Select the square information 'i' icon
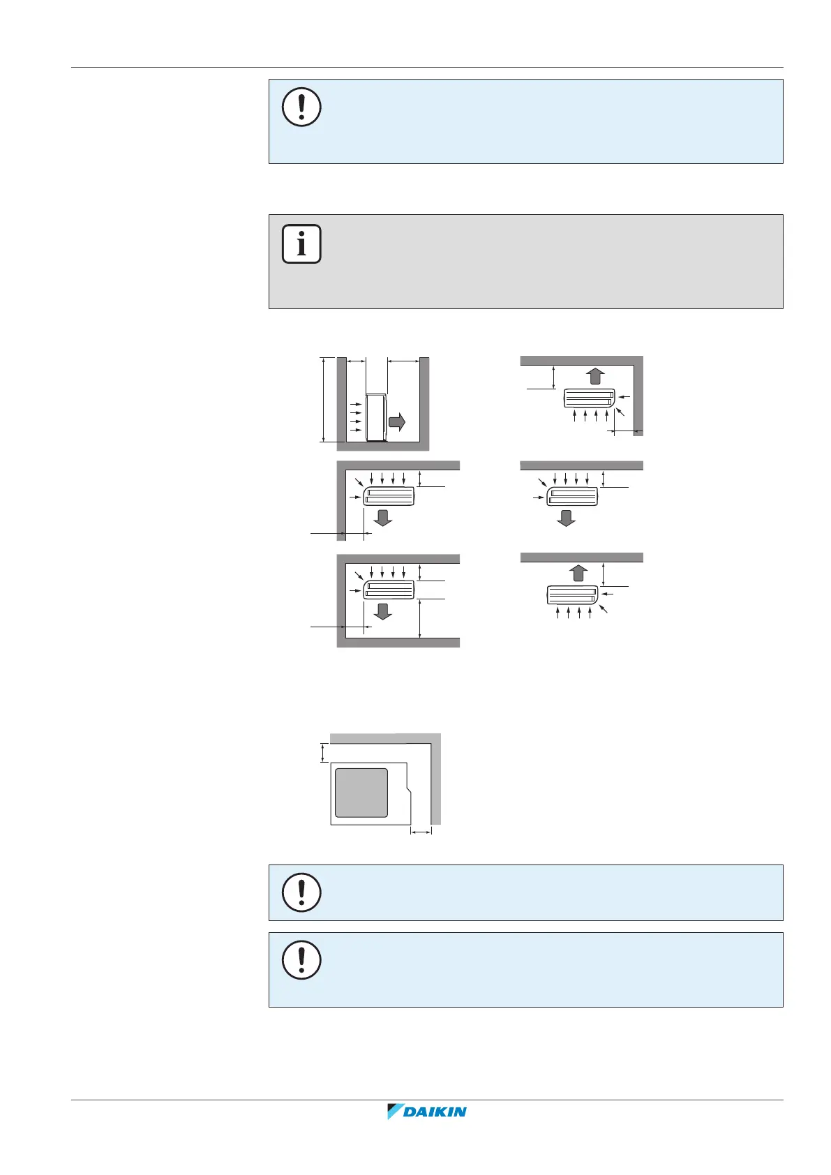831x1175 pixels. click(301, 244)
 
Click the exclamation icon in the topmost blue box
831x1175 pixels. click(301, 107)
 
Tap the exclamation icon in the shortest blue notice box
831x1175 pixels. click(301, 892)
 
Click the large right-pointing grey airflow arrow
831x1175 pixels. click(397, 421)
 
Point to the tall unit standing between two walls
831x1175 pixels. click(376, 417)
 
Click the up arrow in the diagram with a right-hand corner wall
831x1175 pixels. click(594, 375)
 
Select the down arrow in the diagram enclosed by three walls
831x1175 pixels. click(382, 611)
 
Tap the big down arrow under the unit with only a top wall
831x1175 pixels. click(566, 518)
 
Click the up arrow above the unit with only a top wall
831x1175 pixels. click(578, 572)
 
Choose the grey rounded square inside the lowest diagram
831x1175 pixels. click(361, 793)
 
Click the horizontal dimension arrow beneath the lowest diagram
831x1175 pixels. click(421, 832)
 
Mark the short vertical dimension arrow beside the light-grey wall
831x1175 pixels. click(322, 753)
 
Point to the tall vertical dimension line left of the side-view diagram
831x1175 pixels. click(323, 399)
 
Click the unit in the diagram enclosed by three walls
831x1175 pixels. click(389, 590)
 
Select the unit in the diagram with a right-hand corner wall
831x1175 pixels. click(590, 398)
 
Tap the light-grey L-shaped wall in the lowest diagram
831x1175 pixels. click(435, 774)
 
